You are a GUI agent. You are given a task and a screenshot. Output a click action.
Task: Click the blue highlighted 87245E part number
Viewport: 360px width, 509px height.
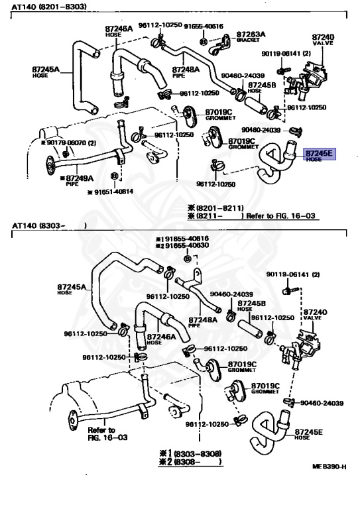[320, 154]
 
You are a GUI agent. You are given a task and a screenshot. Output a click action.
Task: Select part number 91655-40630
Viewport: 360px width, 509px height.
[186, 245]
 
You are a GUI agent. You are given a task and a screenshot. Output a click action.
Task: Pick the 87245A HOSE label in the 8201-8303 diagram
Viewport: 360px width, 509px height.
[46, 70]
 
